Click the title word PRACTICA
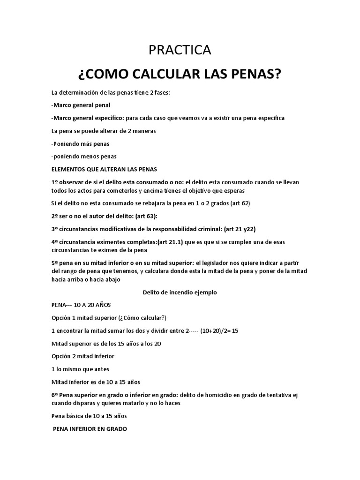coord(180,50)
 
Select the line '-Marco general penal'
coord(81,105)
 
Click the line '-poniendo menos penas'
coord(84,156)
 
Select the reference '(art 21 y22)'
coord(240,229)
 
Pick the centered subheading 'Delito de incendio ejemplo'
coord(180,292)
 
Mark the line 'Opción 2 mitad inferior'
coord(83,356)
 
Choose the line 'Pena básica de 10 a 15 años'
coord(89,416)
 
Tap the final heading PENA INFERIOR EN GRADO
coord(90,429)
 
